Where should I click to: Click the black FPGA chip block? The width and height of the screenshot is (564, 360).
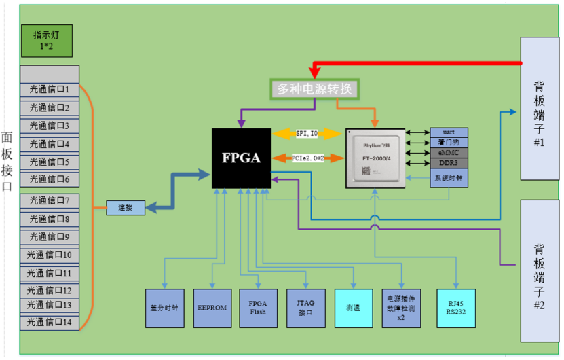tap(241, 158)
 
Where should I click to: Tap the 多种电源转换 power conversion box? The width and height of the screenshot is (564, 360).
tap(314, 89)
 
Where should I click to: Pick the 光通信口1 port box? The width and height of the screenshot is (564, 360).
tap(50, 89)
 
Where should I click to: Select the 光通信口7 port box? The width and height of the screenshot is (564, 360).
tap(50, 200)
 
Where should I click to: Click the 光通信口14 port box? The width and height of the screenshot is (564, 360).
tap(50, 322)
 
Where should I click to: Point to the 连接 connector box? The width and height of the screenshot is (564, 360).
tap(126, 208)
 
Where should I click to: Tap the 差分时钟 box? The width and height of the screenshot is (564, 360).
tap(165, 308)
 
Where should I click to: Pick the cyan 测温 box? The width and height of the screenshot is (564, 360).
tap(354, 308)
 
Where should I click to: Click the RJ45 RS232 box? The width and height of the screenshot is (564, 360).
tap(455, 308)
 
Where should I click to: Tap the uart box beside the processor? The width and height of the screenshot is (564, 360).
tap(449, 132)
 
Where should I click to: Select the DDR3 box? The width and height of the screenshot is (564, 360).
tap(449, 163)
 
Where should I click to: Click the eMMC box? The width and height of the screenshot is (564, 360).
tap(449, 153)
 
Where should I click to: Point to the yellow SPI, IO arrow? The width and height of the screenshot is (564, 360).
tap(307, 134)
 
